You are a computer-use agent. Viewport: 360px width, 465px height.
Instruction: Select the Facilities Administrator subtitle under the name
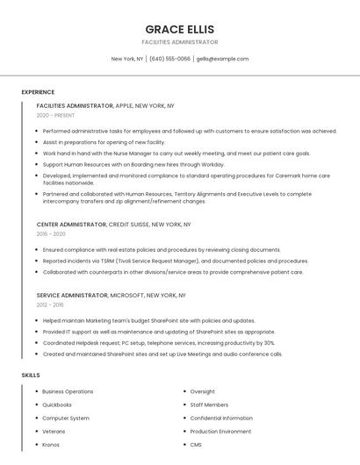(180, 42)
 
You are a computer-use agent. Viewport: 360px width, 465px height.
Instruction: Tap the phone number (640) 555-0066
(169, 59)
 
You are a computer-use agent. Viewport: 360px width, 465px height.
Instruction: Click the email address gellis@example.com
(222, 59)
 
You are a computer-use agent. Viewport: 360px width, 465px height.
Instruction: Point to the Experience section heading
(38, 92)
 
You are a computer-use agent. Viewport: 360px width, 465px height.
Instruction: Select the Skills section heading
(31, 375)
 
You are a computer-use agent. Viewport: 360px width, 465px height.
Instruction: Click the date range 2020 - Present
(55, 115)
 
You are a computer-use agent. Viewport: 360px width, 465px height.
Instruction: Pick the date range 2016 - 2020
(51, 234)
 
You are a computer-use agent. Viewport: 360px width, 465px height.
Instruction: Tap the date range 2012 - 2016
(50, 304)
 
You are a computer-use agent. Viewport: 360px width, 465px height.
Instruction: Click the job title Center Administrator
(72, 225)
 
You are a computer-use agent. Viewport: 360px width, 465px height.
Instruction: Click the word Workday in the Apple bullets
(212, 164)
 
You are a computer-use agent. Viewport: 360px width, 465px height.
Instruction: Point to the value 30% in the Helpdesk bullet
(269, 343)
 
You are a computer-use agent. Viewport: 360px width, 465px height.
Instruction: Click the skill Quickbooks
(57, 404)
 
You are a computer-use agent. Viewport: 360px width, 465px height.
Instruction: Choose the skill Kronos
(51, 445)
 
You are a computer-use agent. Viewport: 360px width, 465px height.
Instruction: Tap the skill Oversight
(202, 391)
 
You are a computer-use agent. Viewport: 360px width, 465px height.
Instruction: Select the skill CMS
(196, 445)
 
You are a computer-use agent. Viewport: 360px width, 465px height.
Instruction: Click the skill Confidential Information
(221, 418)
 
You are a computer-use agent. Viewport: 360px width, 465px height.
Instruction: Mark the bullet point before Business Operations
(34, 391)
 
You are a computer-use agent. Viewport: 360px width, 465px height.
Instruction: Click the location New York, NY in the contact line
(127, 59)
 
